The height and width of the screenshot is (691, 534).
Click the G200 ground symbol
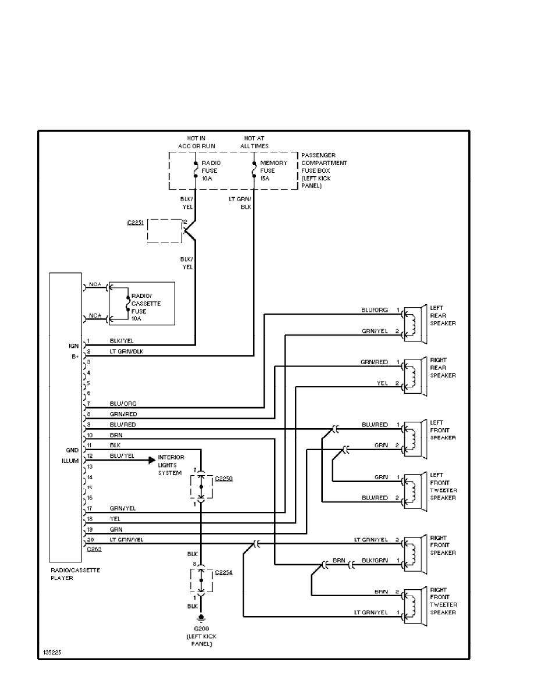[x=201, y=619]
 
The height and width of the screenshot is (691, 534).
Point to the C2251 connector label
[x=135, y=223]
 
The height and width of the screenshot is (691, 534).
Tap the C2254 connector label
[x=224, y=572]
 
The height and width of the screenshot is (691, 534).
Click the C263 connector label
[x=93, y=548]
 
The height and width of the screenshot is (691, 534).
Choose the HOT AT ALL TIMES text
[x=254, y=142]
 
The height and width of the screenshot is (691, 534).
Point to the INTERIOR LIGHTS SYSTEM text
[x=171, y=465]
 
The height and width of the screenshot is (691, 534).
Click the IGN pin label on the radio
[x=73, y=345]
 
